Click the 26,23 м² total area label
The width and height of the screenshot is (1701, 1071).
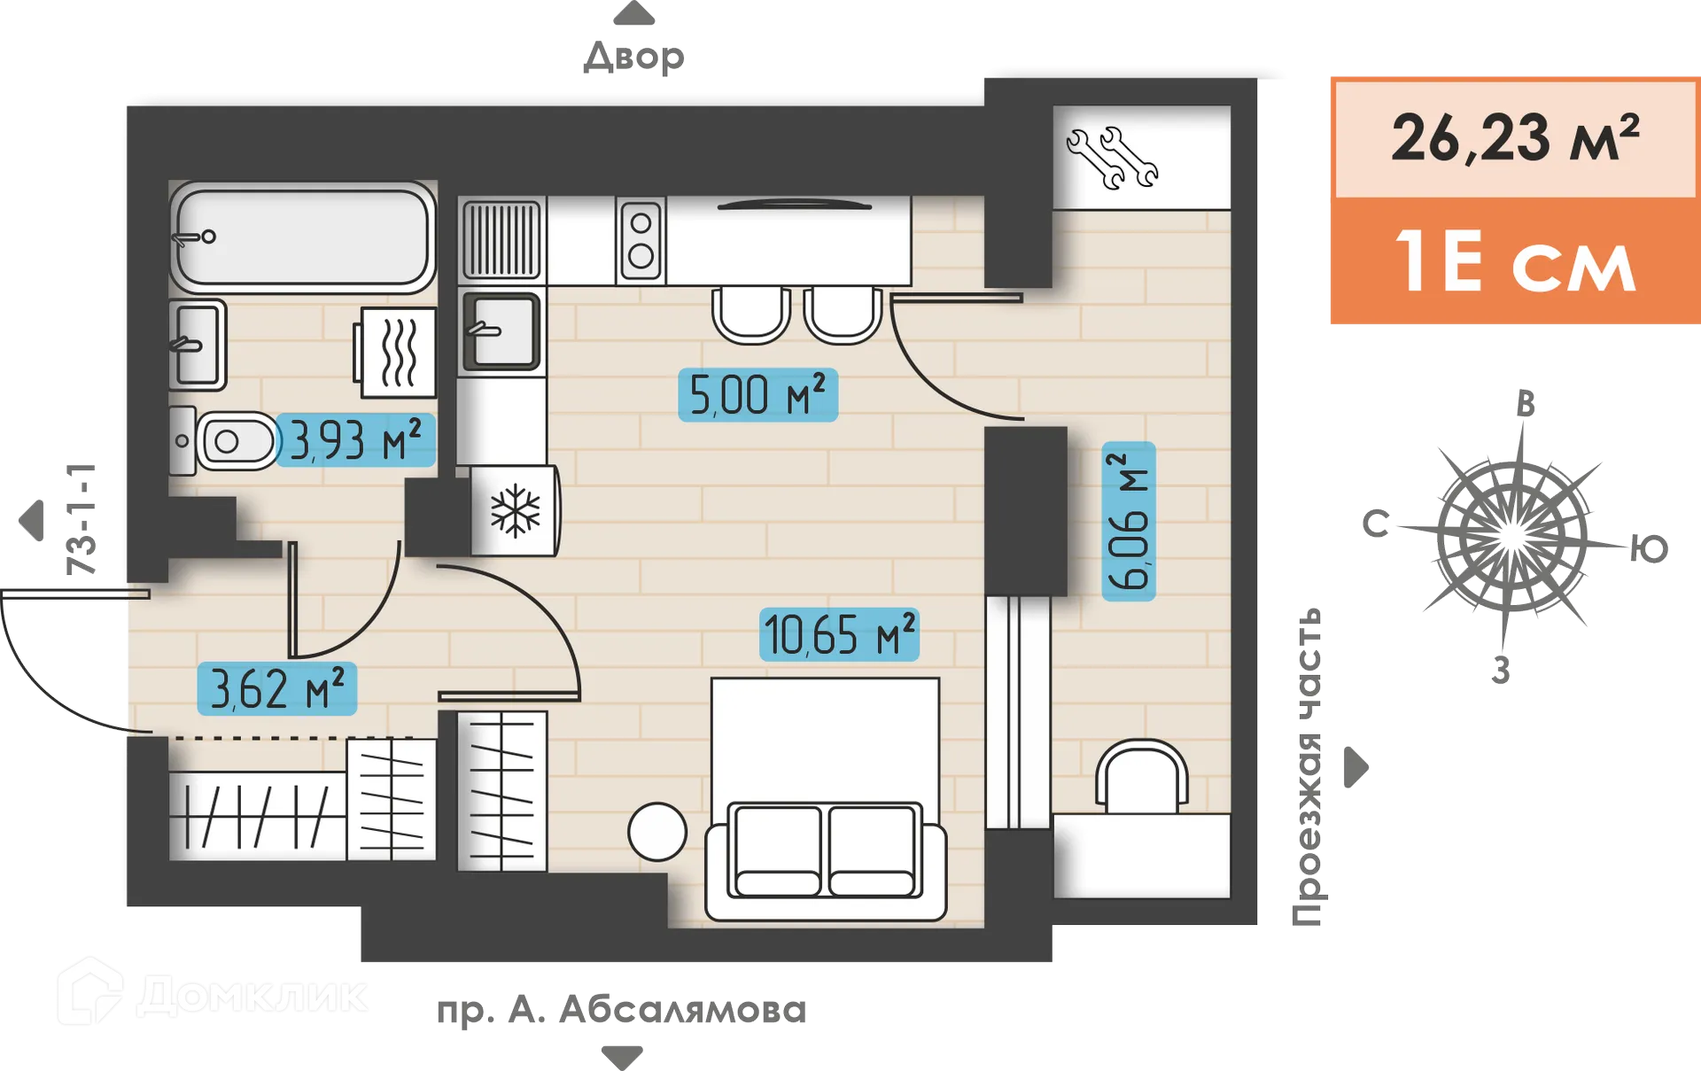click(x=1514, y=139)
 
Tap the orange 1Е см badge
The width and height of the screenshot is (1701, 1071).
click(x=1514, y=262)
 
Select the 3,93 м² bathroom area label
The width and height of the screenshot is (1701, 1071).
click(x=355, y=440)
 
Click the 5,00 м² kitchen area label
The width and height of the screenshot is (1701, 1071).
click(x=757, y=395)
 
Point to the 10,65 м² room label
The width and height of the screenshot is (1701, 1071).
click(x=838, y=634)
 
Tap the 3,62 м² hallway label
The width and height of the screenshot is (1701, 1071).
click(x=276, y=688)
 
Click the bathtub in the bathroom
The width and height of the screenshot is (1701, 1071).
click(x=302, y=237)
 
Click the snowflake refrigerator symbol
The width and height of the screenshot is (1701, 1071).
click(x=515, y=511)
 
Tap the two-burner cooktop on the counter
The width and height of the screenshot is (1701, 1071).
click(x=641, y=240)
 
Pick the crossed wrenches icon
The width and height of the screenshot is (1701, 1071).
click(x=1112, y=158)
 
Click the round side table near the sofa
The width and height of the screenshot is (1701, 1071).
click(x=656, y=832)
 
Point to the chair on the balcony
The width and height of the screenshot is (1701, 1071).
click(x=1141, y=776)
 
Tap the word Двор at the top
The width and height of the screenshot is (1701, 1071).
click(x=634, y=58)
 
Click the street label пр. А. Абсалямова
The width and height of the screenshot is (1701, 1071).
click(x=620, y=1011)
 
